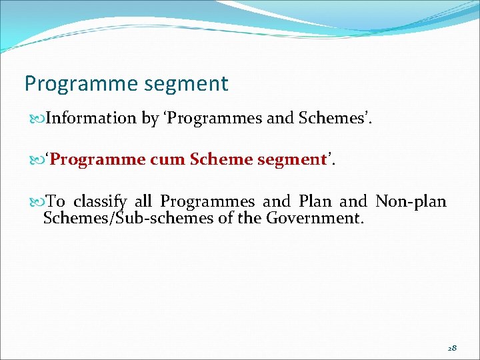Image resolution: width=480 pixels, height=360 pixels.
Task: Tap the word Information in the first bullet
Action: coord(91,119)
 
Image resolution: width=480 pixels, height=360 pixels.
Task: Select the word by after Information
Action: coord(149,119)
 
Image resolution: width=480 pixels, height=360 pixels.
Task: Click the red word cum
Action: coord(167,160)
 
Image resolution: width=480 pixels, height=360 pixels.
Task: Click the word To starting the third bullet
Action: coord(56,201)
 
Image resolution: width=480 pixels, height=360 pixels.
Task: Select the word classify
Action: coord(99,201)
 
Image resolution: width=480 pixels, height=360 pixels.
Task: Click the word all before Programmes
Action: coord(144,201)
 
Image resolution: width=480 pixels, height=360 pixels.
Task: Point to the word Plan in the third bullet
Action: coord(315,201)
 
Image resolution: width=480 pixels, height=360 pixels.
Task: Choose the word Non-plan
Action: coord(411,201)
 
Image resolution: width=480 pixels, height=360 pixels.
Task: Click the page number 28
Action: coord(452,348)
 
